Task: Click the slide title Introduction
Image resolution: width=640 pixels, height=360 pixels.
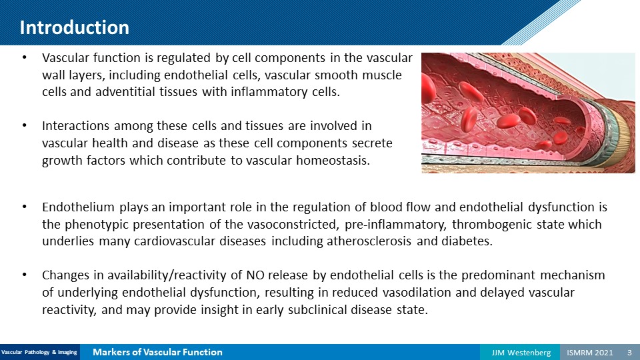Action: point(74,27)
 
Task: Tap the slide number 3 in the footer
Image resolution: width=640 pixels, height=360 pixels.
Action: point(629,352)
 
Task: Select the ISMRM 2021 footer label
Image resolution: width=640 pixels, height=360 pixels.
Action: point(590,352)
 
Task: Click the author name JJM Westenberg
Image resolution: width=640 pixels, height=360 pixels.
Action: point(521,352)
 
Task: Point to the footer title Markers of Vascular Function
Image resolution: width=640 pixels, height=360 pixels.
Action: point(157,352)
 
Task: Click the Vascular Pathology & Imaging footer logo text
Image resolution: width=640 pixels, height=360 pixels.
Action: point(39,352)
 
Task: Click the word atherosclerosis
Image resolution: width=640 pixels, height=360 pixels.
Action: point(369,241)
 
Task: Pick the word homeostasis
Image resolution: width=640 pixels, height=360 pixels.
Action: point(333,161)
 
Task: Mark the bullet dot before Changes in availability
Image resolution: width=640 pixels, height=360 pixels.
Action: point(25,275)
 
